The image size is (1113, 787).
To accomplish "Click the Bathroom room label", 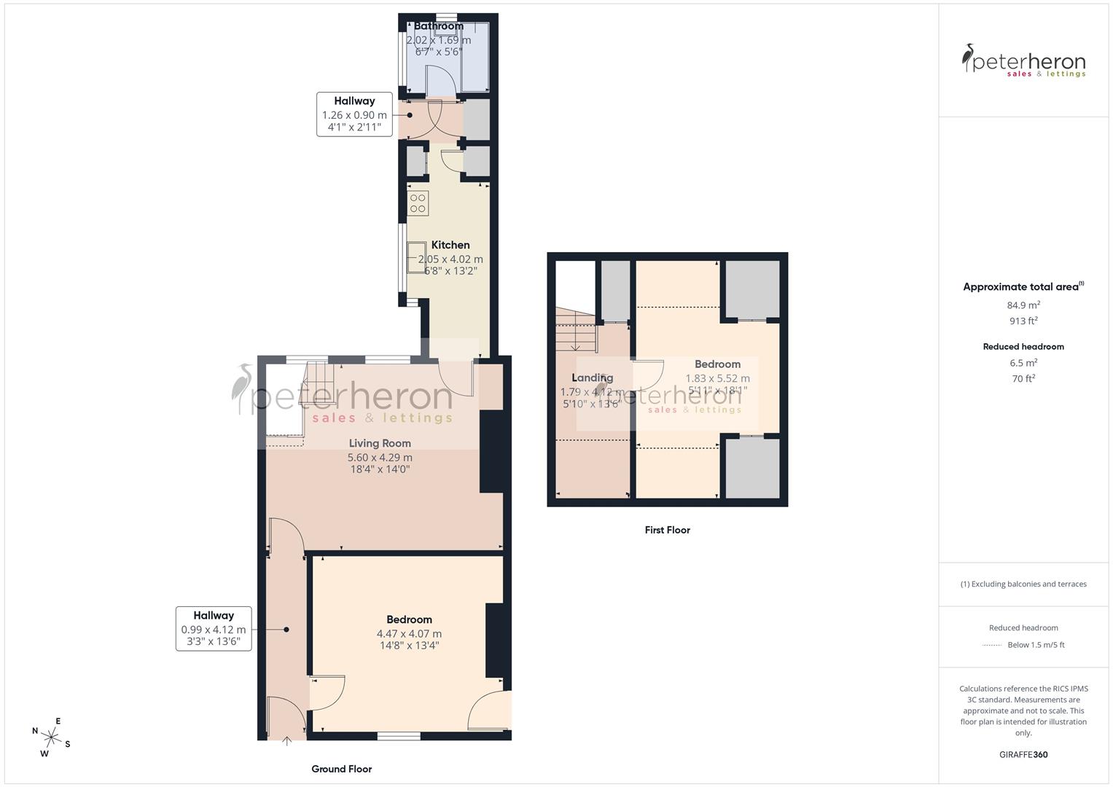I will pyautogui.click(x=438, y=26).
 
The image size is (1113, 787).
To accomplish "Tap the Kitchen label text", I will pyautogui.click(x=450, y=245).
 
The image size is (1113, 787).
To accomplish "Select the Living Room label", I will pyautogui.click(x=379, y=443).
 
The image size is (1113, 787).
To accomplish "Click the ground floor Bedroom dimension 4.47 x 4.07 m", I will pyautogui.click(x=409, y=633).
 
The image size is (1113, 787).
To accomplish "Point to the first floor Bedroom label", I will pyautogui.click(x=717, y=364).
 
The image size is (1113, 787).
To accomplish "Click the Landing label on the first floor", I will pyautogui.click(x=592, y=377).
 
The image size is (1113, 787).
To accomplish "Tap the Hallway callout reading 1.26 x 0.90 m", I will pyautogui.click(x=354, y=114).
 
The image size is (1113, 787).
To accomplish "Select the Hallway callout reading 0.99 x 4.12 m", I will pyautogui.click(x=214, y=629).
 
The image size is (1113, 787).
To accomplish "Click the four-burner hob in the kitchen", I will pyautogui.click(x=418, y=203).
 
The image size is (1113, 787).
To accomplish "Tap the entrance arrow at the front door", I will pyautogui.click(x=287, y=742).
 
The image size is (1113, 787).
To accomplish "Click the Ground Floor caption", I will pyautogui.click(x=341, y=769).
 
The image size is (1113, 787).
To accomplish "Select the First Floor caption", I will pyautogui.click(x=667, y=530).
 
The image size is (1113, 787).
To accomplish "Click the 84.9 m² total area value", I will pyautogui.click(x=1023, y=305).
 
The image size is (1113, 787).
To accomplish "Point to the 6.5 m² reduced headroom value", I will pyautogui.click(x=1023, y=363).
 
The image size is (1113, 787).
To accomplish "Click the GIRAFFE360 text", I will pyautogui.click(x=1023, y=754).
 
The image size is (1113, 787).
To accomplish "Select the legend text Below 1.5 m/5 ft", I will pyautogui.click(x=1035, y=645).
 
